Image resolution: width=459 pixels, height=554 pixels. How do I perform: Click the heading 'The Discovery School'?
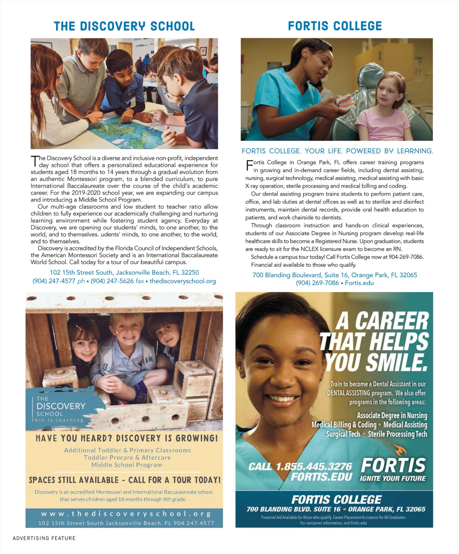point(124,26)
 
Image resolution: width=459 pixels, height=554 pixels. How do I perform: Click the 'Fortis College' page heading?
point(335,26)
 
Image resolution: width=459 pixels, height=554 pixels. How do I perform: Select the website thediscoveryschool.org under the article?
point(183,281)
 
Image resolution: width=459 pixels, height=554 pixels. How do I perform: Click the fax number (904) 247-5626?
point(112,281)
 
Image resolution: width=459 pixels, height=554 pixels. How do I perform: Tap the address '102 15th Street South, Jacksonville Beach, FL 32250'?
point(124,272)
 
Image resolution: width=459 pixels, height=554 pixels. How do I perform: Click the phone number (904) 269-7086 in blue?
point(317,283)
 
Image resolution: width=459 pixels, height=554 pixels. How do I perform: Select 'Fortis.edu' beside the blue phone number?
point(359,283)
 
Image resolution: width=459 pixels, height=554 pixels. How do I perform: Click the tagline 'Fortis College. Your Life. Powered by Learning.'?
point(337,151)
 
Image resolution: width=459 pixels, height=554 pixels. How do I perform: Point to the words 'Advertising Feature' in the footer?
point(44,538)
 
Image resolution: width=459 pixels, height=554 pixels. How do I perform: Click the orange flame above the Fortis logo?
point(400,451)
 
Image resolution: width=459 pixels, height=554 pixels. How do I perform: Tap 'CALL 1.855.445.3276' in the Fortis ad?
point(300,467)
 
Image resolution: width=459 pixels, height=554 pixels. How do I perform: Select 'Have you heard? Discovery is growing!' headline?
point(127,438)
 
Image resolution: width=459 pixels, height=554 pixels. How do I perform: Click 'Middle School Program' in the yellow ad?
point(127,465)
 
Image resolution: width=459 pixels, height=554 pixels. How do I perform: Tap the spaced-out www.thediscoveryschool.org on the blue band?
point(126,514)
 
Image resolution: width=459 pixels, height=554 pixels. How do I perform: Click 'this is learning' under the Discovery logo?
point(57,420)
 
